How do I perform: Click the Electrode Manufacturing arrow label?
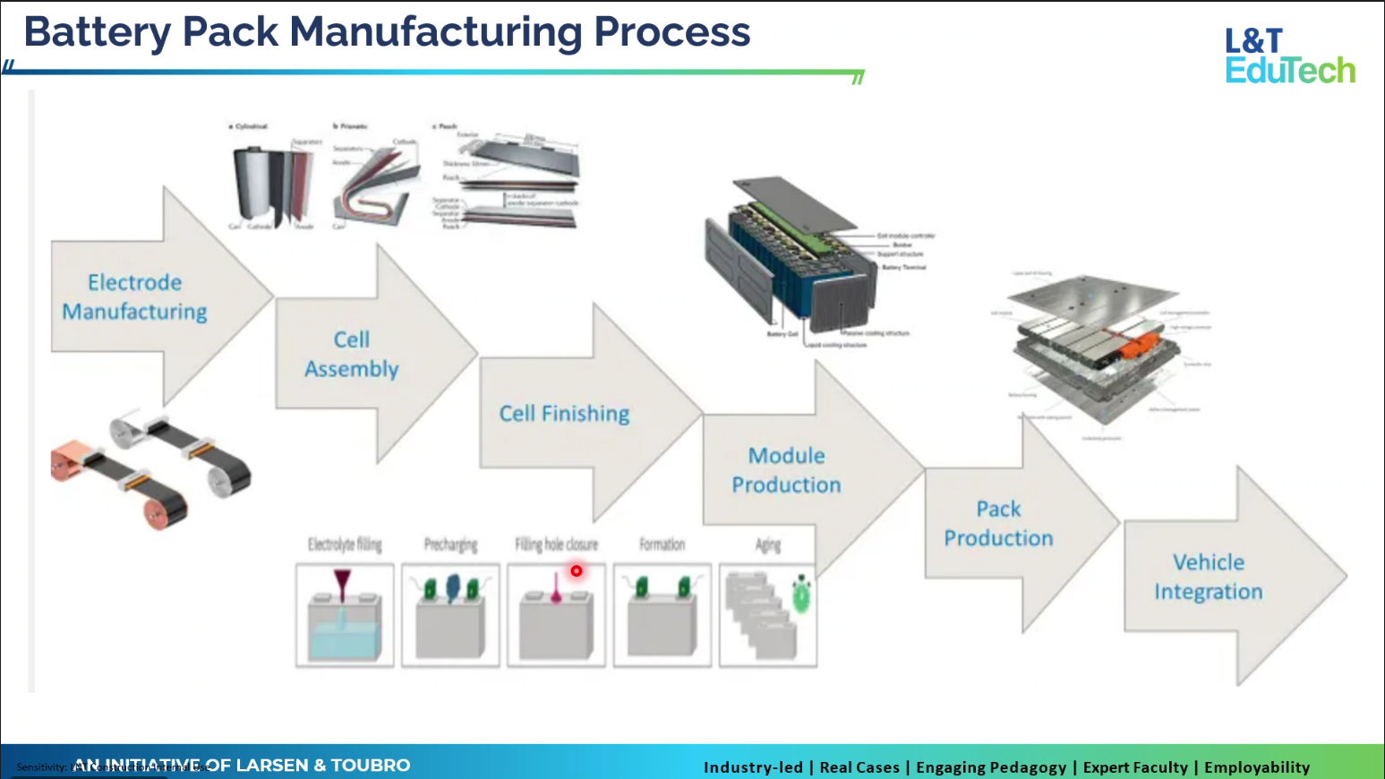point(134,296)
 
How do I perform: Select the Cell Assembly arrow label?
point(352,354)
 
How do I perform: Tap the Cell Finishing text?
point(564,413)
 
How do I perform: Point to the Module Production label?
point(786,470)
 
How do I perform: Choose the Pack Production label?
point(998,523)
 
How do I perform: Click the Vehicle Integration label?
point(1208,577)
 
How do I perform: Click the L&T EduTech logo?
point(1289,56)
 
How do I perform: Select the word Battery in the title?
point(97,32)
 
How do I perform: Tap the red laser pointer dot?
point(577,570)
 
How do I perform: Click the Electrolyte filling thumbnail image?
point(345,615)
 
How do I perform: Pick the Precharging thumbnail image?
point(450,615)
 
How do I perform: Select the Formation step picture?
point(663,615)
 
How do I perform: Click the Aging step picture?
point(767,615)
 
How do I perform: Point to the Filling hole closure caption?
point(556,544)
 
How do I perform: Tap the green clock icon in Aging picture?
point(801,595)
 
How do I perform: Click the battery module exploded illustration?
point(797,260)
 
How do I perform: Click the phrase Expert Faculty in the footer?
point(1135,767)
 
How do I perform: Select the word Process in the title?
point(671,32)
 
